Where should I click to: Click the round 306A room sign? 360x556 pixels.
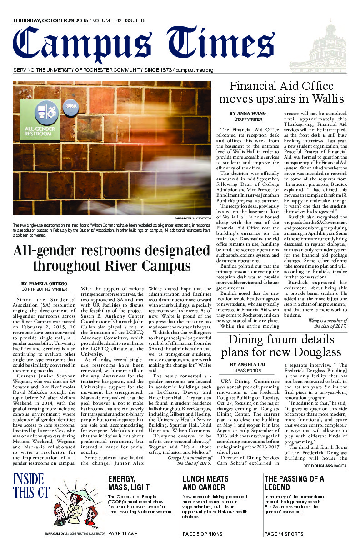[x=70, y=106]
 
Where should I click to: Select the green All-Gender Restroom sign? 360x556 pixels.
[x=40, y=120]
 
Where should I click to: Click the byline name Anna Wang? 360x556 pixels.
[x=247, y=113]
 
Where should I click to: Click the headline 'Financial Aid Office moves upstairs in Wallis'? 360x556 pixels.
[x=281, y=92]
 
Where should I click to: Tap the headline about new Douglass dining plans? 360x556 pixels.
[x=280, y=346]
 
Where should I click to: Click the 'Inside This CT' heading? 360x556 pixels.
[x=29, y=485]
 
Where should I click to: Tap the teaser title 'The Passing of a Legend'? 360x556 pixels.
[x=294, y=483]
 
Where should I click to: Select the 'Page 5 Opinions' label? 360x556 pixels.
[x=203, y=534]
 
